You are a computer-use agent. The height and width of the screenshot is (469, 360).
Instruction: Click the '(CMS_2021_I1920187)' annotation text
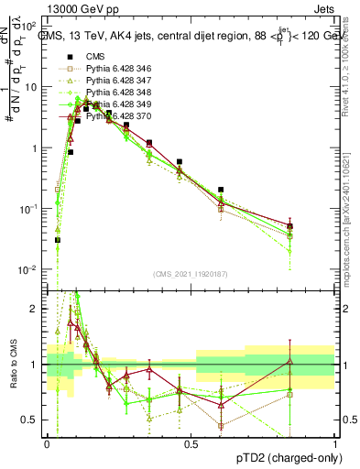point(190,273)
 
